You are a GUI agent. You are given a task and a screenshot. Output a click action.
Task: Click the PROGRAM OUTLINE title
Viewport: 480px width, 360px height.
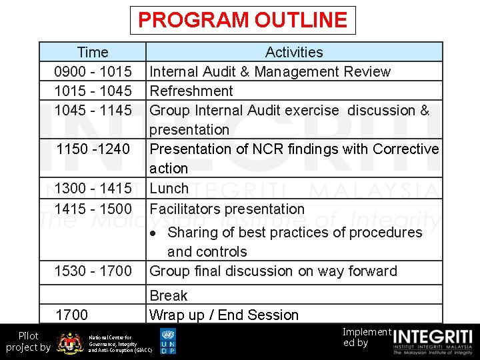coord(242,20)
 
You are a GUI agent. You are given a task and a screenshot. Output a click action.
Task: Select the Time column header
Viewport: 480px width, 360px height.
coord(93,52)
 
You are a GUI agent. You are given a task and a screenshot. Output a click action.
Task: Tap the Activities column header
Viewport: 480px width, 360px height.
coord(294,52)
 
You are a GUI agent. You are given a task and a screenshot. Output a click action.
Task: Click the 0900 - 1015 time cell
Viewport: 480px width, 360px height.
coord(93,71)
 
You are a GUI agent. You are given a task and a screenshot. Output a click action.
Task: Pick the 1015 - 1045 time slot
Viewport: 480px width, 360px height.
coord(93,91)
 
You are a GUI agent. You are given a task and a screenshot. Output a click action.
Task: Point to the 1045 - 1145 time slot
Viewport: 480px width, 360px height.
coord(93,110)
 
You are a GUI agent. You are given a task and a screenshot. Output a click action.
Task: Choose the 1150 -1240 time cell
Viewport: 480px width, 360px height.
coord(93,149)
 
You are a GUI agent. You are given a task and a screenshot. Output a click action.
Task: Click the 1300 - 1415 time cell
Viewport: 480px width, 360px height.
coord(93,189)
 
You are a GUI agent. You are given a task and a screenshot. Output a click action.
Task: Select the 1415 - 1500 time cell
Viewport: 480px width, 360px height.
coord(93,209)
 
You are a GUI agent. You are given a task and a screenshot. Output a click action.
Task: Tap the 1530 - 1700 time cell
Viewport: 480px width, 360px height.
coord(93,271)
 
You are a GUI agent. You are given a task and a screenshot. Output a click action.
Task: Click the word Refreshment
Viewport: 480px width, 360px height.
coord(191,91)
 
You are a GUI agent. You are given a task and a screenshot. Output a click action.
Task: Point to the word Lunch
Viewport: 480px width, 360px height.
coord(169,189)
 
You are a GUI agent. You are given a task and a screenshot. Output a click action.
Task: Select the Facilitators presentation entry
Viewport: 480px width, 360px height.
coord(227,209)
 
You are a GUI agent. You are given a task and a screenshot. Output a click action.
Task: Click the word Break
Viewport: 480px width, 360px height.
coord(169,295)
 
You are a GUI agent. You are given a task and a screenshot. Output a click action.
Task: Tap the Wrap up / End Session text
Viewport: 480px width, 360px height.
coord(224,315)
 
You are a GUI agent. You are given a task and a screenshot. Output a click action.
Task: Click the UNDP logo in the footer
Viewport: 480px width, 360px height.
coord(168,341)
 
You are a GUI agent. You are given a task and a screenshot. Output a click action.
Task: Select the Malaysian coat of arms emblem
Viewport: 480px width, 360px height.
coord(70,343)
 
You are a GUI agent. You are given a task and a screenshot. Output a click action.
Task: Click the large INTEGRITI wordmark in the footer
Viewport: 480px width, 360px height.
coord(433,337)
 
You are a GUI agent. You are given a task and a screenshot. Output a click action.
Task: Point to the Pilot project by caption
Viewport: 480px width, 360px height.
coord(27,341)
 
